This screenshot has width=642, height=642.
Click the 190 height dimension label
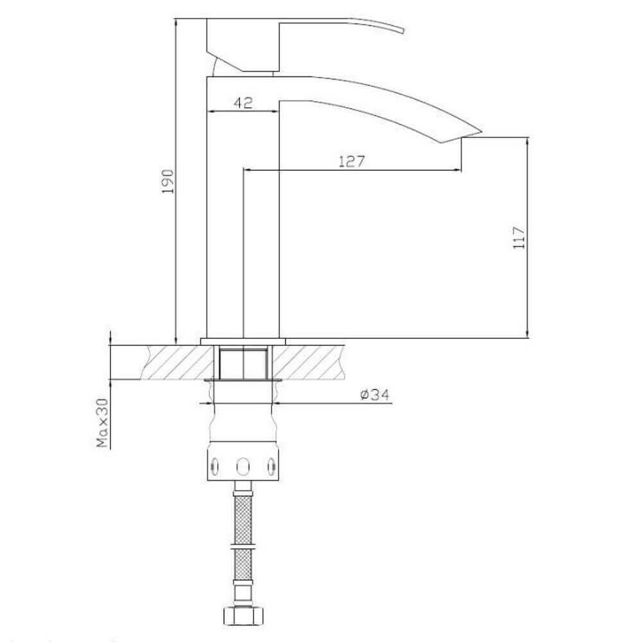click(x=168, y=182)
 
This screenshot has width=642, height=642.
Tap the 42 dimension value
click(x=243, y=102)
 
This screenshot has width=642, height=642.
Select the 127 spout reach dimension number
click(x=351, y=161)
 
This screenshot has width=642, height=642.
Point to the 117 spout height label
click(x=519, y=238)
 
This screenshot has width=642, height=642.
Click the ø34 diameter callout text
click(x=375, y=395)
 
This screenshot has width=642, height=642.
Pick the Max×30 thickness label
click(x=102, y=423)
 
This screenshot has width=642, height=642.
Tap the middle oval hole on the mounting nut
click(x=243, y=465)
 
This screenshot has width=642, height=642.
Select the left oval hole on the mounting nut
click(x=214, y=466)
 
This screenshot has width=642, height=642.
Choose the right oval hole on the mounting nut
click(x=272, y=466)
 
